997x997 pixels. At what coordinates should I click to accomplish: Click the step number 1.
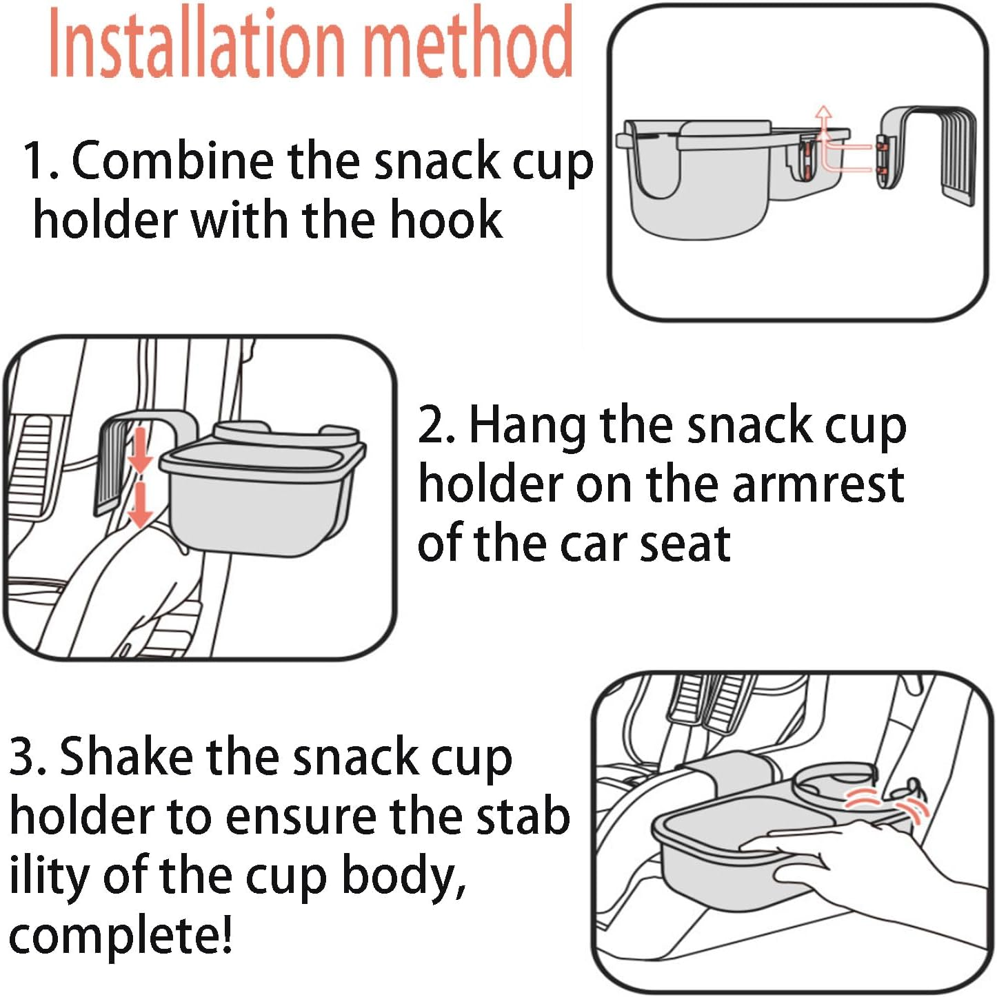[x=36, y=161]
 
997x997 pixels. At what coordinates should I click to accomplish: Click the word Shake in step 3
[x=127, y=757]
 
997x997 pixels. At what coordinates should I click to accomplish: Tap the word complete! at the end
[x=121, y=936]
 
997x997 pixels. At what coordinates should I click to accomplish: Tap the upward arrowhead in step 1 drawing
[x=823, y=113]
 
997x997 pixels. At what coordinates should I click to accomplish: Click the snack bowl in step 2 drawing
[x=259, y=496]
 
